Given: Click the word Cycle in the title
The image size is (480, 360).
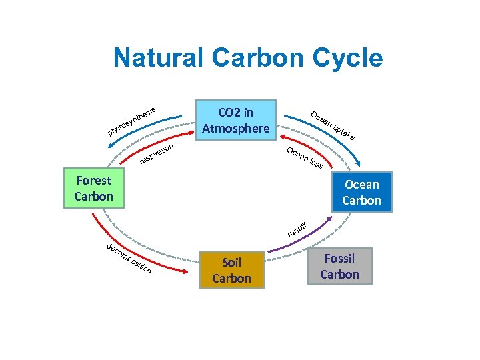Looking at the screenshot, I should pyautogui.click(x=348, y=58).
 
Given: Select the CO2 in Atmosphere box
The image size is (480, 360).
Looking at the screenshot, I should pyautogui.click(x=235, y=120).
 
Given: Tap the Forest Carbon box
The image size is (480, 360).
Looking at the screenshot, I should pyautogui.click(x=93, y=188).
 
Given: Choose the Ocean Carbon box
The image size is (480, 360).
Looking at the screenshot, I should pyautogui.click(x=361, y=192).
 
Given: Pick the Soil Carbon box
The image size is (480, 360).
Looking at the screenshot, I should pyautogui.click(x=231, y=270).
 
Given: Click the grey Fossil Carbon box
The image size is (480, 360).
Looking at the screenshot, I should pyautogui.click(x=339, y=266).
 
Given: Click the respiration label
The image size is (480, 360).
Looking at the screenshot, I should pyautogui.click(x=157, y=153).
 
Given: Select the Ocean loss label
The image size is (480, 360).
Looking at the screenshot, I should pyautogui.click(x=305, y=157).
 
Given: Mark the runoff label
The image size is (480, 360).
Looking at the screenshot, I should pyautogui.click(x=297, y=229).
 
